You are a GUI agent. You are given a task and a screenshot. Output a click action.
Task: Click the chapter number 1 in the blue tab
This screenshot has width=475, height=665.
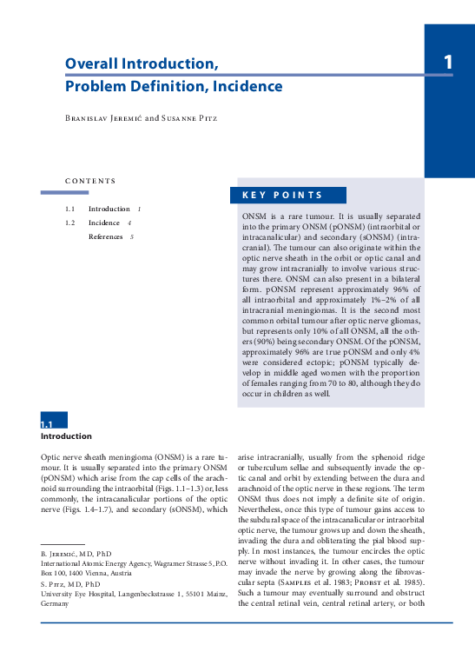(448, 62)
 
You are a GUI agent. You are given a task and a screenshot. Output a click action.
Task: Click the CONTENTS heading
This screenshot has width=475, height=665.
(89, 181)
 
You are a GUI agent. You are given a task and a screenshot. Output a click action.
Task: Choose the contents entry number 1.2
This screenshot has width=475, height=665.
(69, 223)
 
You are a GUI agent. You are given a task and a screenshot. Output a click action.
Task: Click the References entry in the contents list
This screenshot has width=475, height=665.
(105, 236)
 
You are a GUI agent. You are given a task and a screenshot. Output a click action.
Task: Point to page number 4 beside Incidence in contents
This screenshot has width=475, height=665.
(129, 223)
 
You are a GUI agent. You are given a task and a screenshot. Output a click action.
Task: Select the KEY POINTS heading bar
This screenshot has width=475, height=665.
(288, 196)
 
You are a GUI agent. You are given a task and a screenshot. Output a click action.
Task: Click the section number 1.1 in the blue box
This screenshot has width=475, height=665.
(47, 424)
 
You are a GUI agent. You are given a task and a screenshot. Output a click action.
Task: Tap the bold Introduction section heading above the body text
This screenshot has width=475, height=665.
(66, 436)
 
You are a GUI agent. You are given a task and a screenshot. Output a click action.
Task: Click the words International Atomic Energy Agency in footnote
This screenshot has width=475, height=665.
(95, 563)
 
